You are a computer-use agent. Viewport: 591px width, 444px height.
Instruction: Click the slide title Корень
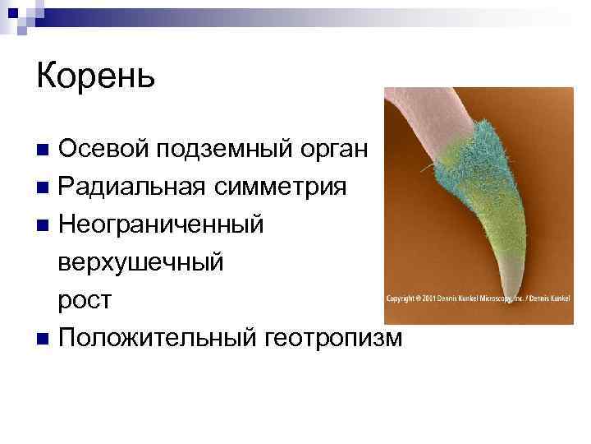(x=95, y=78)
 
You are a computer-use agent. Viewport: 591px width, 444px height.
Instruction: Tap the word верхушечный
(x=140, y=262)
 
